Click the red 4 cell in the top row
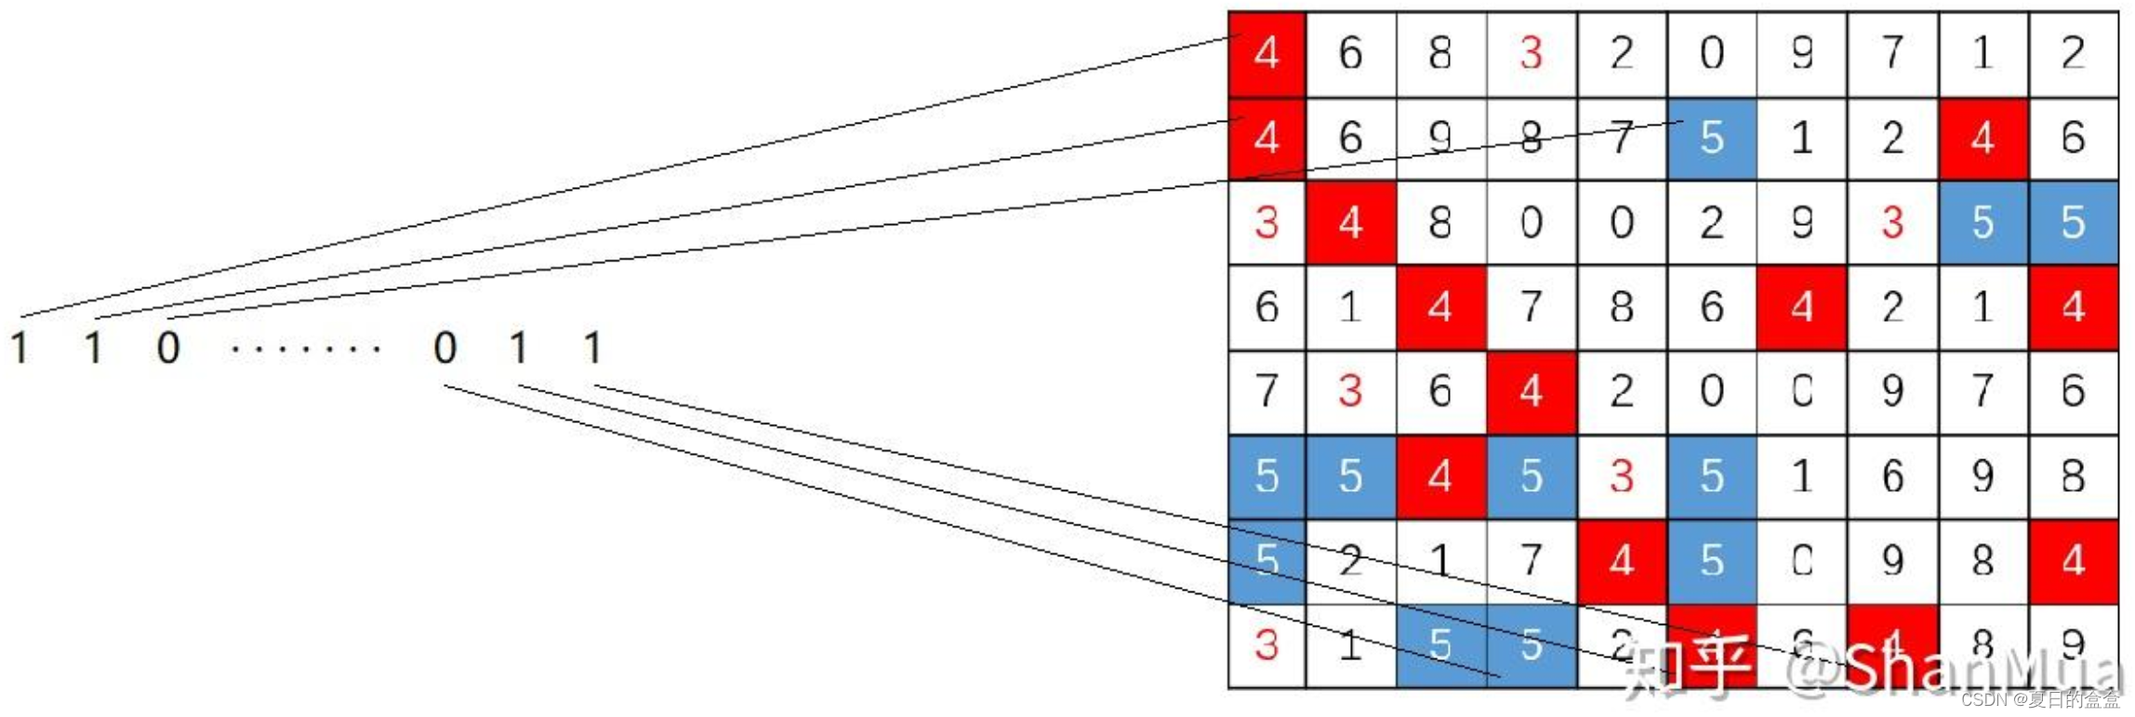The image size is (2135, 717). pyautogui.click(x=1266, y=53)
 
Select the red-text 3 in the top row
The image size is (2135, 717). pyautogui.click(x=1531, y=53)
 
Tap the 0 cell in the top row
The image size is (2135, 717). pyautogui.click(x=1712, y=53)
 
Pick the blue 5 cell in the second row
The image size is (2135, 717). pyautogui.click(x=1712, y=139)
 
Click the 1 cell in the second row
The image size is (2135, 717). pyautogui.click(x=1802, y=139)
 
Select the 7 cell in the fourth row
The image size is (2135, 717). pyautogui.click(x=1531, y=307)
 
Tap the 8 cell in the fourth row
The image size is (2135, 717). pyautogui.click(x=1622, y=307)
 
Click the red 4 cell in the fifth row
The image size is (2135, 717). pyautogui.click(x=1531, y=392)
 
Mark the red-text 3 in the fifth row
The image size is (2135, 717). pyautogui.click(x=1350, y=392)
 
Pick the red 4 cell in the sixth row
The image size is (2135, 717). pyautogui.click(x=1439, y=476)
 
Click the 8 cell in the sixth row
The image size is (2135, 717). pyautogui.click(x=2073, y=476)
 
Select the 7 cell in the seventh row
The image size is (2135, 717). pyautogui.click(x=1531, y=561)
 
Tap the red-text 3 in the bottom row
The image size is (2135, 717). pyautogui.click(x=1266, y=644)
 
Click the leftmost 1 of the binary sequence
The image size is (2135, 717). pyautogui.click(x=20, y=348)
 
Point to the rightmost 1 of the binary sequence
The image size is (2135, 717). pyautogui.click(x=592, y=348)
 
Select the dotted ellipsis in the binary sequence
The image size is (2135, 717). pyautogui.click(x=305, y=350)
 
